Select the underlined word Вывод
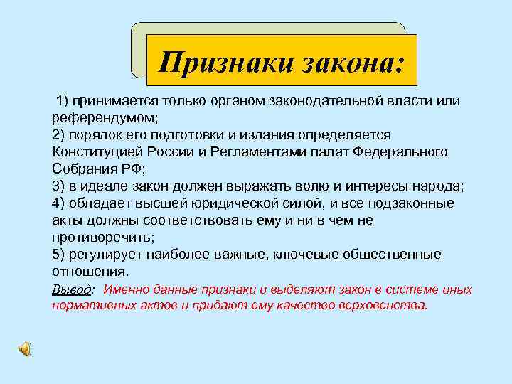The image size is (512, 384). click(72, 289)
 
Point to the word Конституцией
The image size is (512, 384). click(97, 152)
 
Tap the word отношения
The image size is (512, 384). click(90, 272)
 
